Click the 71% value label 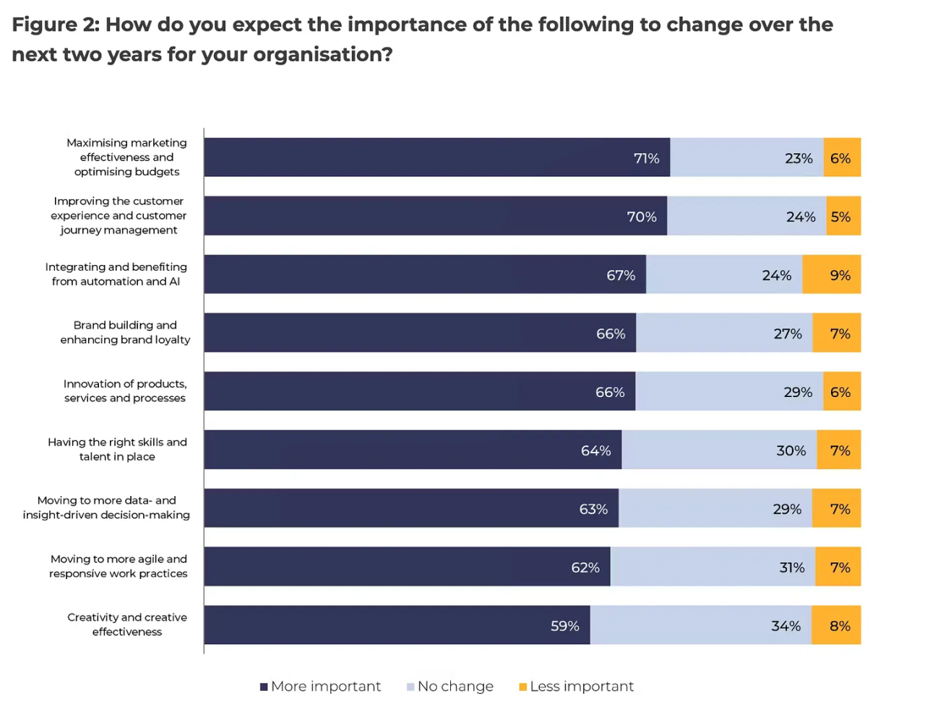(x=646, y=158)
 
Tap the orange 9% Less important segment (x=832, y=274)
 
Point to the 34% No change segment (x=701, y=625)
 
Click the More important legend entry (x=321, y=687)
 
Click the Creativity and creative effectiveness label (x=127, y=625)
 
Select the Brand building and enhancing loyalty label (x=125, y=332)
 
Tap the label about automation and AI (x=116, y=274)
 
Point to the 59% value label (x=564, y=626)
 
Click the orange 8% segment (x=836, y=625)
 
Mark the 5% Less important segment (x=843, y=216)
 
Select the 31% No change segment (x=712, y=567)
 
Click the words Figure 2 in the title (x=55, y=25)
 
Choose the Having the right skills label (x=117, y=449)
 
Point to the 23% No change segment (x=746, y=157)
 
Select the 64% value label (x=595, y=451)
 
